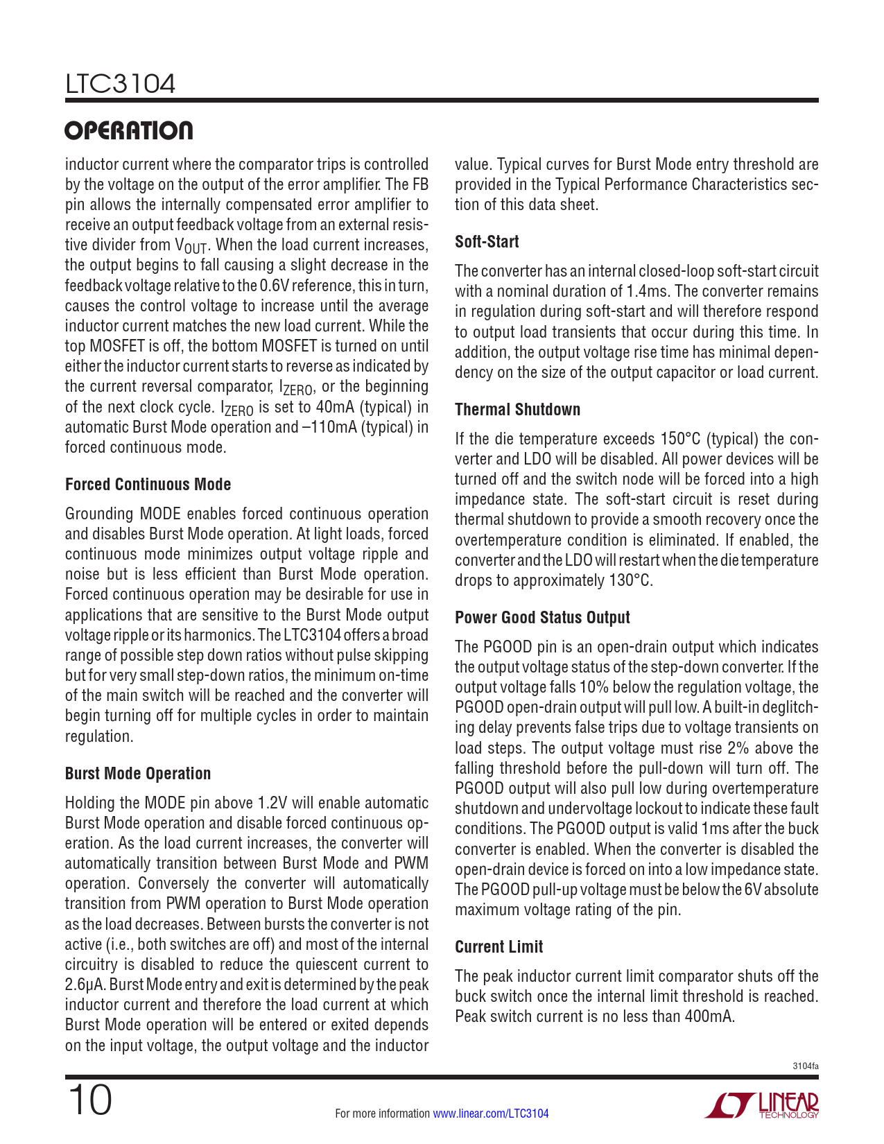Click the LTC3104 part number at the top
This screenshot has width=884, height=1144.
pos(120,84)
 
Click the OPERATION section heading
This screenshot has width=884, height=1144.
pos(129,130)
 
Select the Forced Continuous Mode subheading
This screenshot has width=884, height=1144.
pos(148,485)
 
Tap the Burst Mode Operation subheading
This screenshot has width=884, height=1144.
pos(137,774)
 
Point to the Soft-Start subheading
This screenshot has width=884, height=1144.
pos(487,242)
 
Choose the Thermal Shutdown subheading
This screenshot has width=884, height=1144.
pos(517,410)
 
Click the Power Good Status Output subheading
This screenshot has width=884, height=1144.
pos(542,618)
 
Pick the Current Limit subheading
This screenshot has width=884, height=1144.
pos(499,947)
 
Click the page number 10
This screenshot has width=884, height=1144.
pos(89,1100)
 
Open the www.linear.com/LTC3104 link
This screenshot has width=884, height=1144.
pos(490,1113)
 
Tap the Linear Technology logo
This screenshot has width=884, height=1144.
pos(761,1105)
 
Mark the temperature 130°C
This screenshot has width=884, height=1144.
pos(631,580)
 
